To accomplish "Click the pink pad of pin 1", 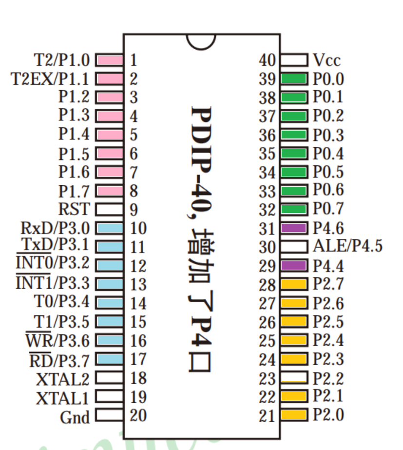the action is pos(109,60).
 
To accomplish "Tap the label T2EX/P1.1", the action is pos(50,78).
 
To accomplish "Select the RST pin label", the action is pos(74,209).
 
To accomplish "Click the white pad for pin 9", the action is pos(109,209).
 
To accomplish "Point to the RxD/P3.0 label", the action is pos(56,228).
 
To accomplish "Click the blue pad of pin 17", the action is pos(109,359).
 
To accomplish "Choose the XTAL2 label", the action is pos(63,378).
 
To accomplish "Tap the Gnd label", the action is pos(75,417).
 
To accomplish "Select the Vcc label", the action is pos(326,60).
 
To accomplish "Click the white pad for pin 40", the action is pos(293,60).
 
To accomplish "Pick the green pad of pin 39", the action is pos(293,78).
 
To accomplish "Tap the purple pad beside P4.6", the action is pos(293,228).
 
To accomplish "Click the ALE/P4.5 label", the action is pos(347,246).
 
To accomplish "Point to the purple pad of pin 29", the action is pos(293,265).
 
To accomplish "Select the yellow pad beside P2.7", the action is pos(293,284).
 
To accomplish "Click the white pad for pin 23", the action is pos(293,377).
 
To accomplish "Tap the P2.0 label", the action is pos(328,415).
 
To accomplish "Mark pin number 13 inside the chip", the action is pos(138,284).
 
